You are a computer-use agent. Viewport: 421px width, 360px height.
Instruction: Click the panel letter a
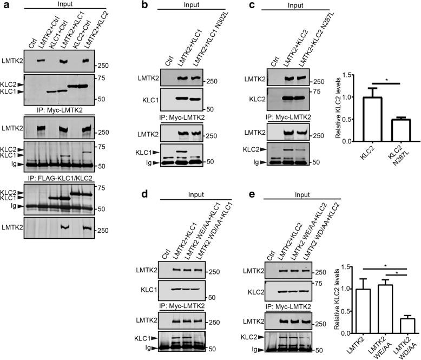(5, 5)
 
